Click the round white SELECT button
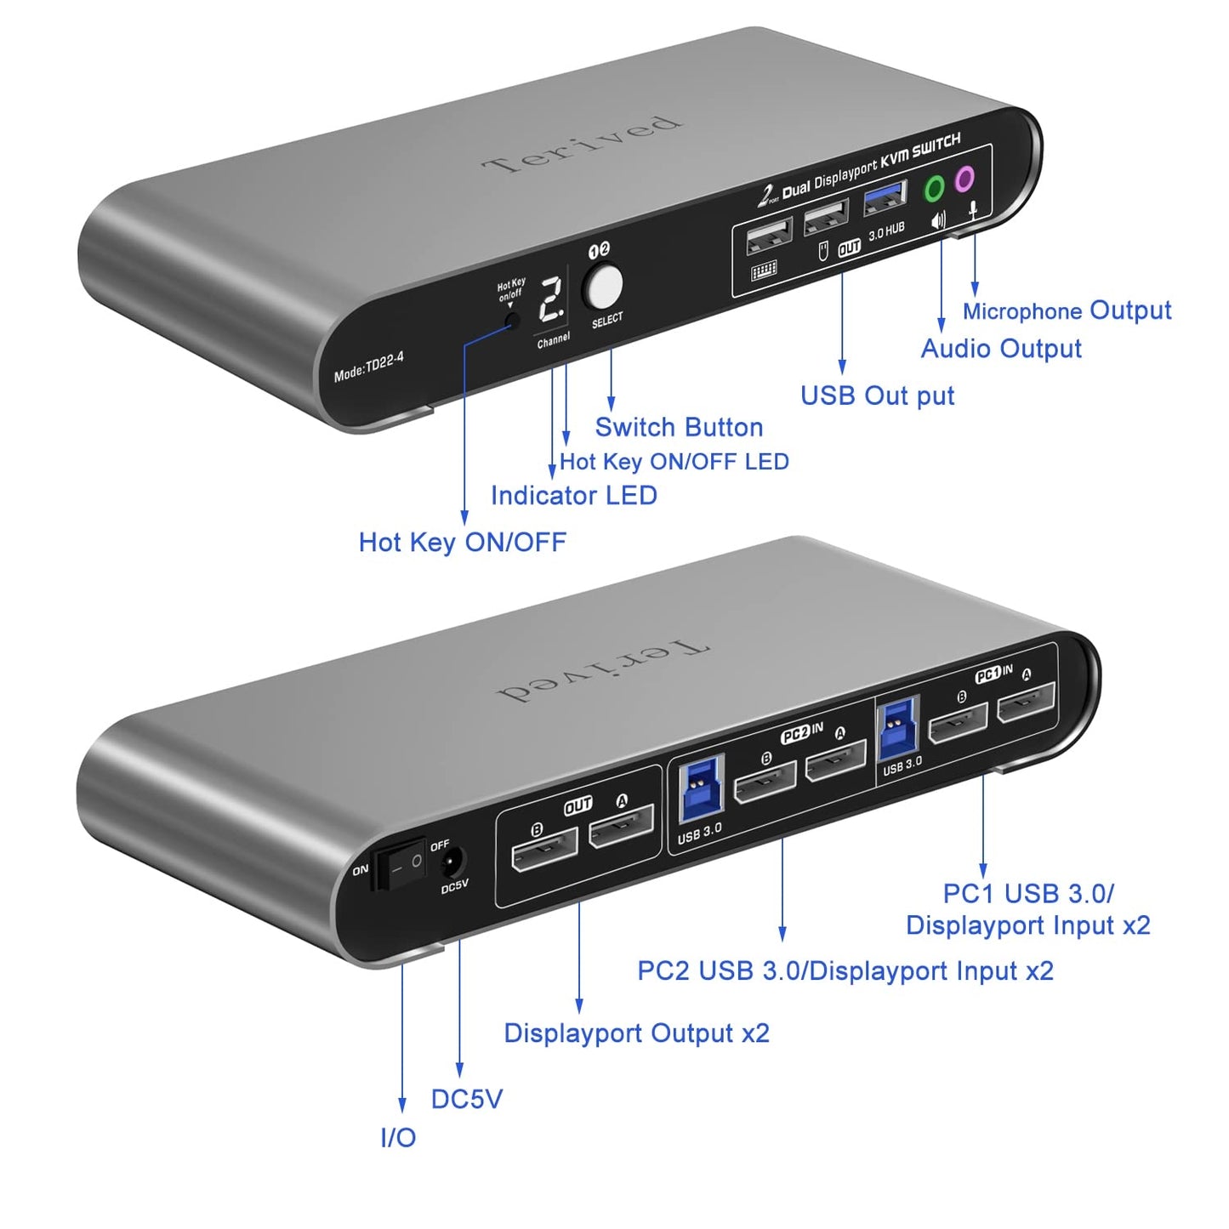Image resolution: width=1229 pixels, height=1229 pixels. (602, 287)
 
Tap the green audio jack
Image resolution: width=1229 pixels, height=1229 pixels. (935, 188)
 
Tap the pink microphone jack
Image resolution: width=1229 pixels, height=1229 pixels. (964, 179)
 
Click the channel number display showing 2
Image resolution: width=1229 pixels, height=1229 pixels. (553, 300)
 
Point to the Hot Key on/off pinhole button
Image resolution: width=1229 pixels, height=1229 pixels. (512, 321)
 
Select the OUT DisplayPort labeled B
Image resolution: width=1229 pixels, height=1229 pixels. (544, 850)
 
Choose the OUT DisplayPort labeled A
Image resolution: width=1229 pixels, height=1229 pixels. (622, 827)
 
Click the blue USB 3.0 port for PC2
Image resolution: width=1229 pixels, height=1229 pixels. (702, 788)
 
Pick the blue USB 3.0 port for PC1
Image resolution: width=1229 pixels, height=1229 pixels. (897, 730)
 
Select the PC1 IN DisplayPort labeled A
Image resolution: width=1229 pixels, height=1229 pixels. (1027, 703)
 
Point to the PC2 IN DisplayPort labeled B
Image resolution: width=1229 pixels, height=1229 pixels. (765, 782)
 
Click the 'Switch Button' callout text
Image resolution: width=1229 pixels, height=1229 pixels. (679, 427)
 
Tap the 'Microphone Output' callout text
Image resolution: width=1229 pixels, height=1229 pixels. (1067, 311)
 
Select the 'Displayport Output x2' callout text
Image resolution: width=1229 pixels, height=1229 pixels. (636, 1033)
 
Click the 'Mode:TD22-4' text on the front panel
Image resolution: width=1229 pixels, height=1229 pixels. (369, 367)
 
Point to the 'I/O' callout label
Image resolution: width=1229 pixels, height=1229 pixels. (398, 1138)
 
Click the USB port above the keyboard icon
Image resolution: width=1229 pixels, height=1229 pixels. (769, 236)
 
